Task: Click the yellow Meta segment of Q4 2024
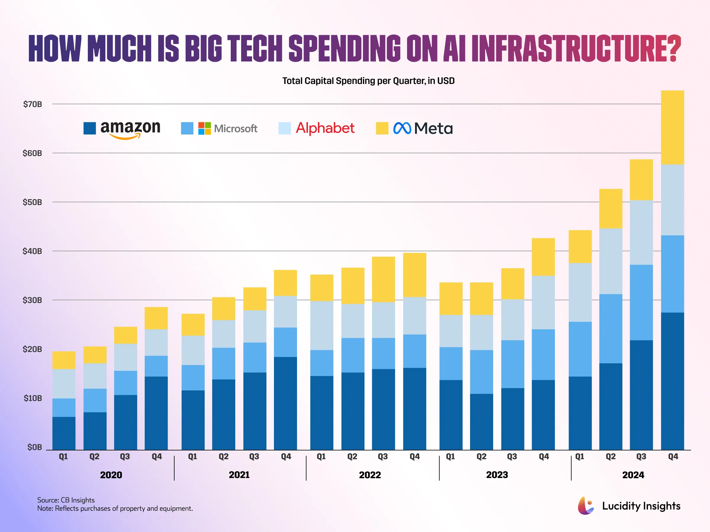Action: (x=672, y=127)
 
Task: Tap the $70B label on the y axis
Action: (x=33, y=104)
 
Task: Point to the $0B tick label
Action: (x=34, y=447)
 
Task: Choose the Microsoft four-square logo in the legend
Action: (x=204, y=128)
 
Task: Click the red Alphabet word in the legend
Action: (x=325, y=128)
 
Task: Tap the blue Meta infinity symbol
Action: (x=402, y=128)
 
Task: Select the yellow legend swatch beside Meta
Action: (x=382, y=128)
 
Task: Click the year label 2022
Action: (x=370, y=475)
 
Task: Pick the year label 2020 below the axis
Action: (x=111, y=475)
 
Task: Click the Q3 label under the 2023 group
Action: (x=512, y=456)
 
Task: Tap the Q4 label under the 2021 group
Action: (x=286, y=456)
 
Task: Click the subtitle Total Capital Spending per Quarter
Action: (x=368, y=81)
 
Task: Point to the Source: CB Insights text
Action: (x=66, y=500)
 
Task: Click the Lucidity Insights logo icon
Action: (x=585, y=506)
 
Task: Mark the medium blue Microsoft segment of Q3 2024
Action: (x=641, y=302)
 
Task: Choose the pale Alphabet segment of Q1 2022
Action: (x=322, y=325)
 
